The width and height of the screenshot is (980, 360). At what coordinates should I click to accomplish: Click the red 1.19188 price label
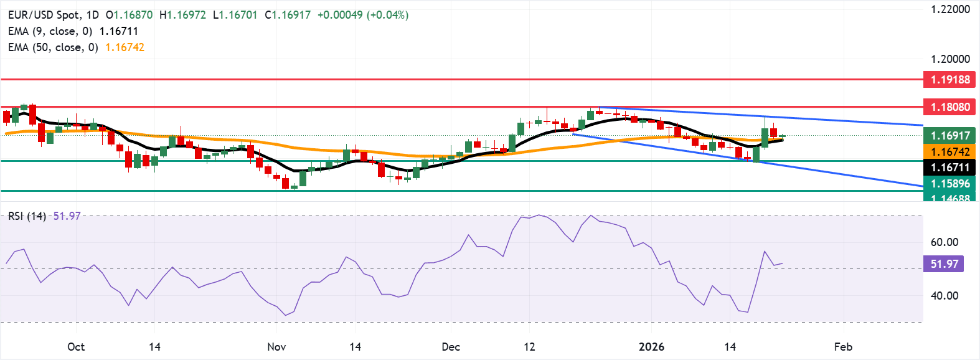coord(949,80)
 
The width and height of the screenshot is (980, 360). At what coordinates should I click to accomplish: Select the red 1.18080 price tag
coord(949,107)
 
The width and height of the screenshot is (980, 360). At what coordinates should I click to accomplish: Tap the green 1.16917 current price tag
coord(949,136)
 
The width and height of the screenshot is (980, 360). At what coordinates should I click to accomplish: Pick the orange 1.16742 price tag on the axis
coord(949,152)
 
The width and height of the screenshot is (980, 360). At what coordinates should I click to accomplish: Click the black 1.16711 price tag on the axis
coord(949,168)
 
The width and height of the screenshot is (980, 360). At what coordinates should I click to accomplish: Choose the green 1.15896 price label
coord(949,184)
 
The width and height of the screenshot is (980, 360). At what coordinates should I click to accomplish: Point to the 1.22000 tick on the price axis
coord(950,9)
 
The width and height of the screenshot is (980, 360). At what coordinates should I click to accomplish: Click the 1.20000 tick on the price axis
coord(950,59)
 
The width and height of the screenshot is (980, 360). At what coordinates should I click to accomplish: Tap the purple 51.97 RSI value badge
coord(944,264)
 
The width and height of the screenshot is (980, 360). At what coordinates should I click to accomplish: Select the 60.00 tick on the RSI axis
coord(944,242)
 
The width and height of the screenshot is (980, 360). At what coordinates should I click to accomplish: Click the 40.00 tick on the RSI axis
coord(944,296)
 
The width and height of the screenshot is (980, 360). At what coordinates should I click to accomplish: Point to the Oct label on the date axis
coord(76,347)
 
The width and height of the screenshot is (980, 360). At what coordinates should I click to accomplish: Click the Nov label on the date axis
coord(276,347)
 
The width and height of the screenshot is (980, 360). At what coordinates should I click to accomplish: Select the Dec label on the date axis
coord(451,347)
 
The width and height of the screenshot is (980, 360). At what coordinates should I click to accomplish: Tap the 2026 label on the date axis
coord(651,347)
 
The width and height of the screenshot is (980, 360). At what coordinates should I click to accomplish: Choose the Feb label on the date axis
coord(843,347)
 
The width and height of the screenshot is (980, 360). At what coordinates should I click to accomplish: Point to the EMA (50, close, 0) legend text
coord(53,47)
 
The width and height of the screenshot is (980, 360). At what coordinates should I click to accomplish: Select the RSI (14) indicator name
coord(27,216)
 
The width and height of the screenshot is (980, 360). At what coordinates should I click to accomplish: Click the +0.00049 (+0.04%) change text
coord(363,15)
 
